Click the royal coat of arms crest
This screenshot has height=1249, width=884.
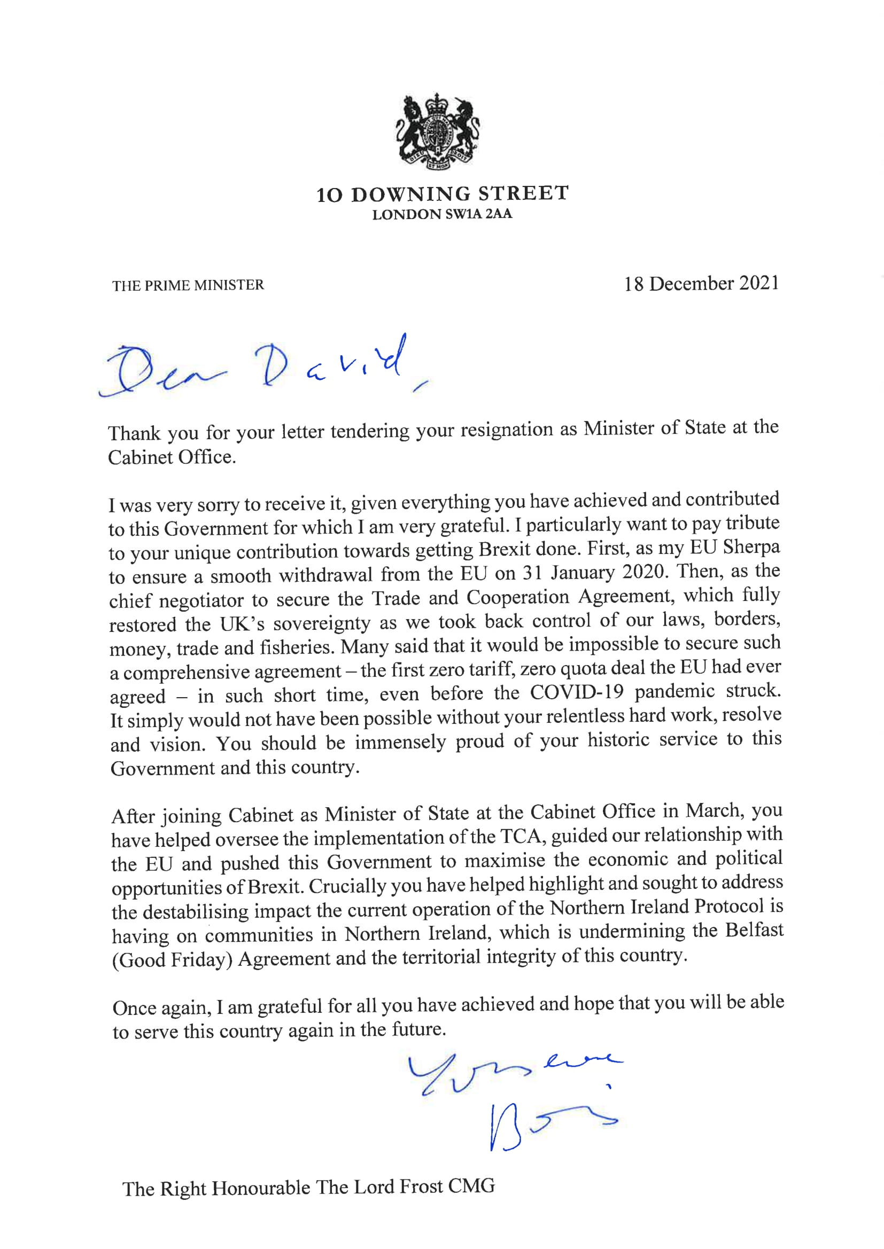pos(438,132)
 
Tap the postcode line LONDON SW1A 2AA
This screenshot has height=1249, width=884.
pos(442,214)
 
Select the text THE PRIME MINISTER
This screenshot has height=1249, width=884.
pos(188,285)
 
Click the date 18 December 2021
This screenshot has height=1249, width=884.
pos(701,284)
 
